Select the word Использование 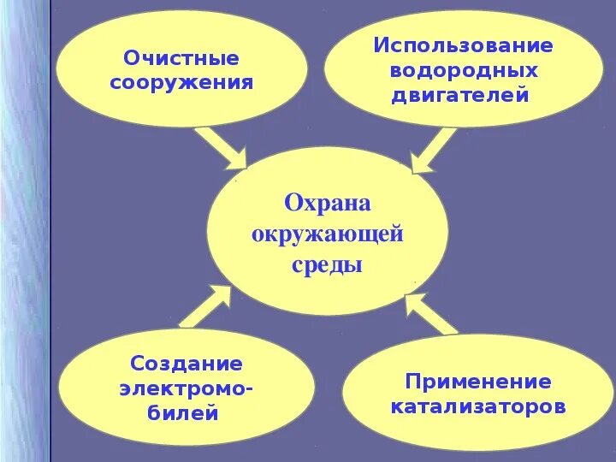463,45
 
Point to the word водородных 463,69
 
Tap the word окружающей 327,234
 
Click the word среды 327,264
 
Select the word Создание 187,364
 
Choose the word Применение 478,381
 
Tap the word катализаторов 478,406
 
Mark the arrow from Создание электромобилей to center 205,306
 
